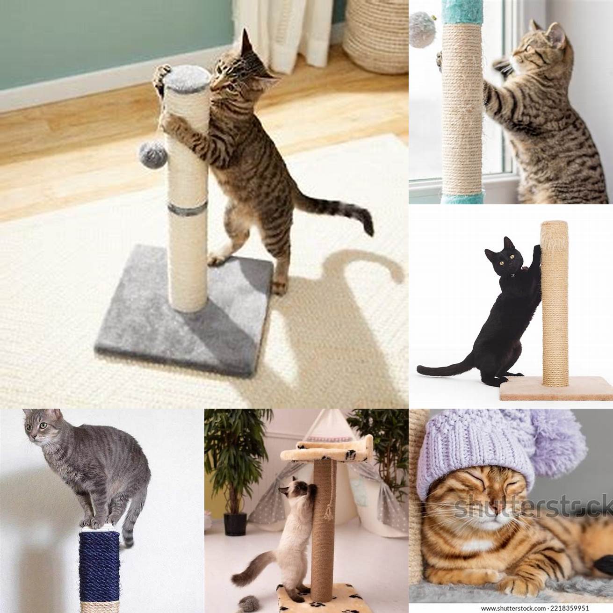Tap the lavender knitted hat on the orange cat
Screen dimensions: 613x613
[477, 452]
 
